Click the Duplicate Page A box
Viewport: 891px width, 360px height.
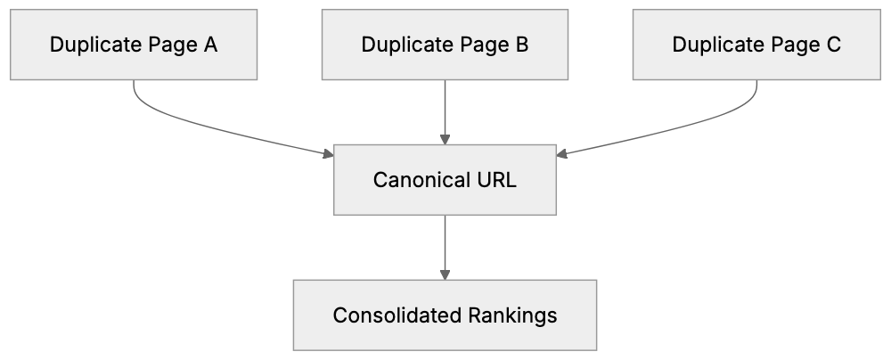[134, 45]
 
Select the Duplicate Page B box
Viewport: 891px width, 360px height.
[445, 45]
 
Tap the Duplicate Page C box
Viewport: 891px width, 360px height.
[756, 45]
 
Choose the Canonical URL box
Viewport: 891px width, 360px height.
[445, 180]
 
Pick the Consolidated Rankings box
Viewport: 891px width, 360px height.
[445, 315]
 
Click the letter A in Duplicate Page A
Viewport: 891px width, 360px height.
[210, 45]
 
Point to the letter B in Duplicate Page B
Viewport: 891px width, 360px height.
[522, 45]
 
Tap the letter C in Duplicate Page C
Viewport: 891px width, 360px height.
[833, 45]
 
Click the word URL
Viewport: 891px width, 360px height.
[492, 180]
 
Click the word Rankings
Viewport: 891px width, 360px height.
[516, 315]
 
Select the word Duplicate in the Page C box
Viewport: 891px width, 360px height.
[710, 45]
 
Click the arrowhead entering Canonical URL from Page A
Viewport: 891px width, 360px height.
[328, 156]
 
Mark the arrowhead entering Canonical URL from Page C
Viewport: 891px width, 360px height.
[562, 156]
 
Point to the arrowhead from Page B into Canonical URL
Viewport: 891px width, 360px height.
[445, 139]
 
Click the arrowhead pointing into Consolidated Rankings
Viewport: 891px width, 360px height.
[445, 274]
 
